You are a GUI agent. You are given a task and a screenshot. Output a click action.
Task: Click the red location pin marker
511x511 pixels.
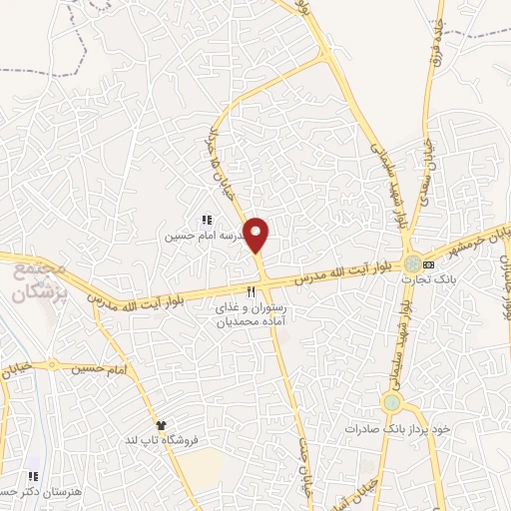(257, 235)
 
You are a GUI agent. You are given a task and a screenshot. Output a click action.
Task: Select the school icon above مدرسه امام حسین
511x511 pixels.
(208, 221)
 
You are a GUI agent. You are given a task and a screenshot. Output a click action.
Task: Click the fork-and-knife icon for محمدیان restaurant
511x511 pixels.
(252, 291)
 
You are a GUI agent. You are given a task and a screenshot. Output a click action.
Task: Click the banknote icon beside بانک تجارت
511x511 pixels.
(429, 264)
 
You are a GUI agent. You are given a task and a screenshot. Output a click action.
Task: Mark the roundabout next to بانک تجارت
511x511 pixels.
(411, 264)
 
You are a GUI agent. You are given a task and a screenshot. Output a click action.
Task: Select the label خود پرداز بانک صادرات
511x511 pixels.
(400, 427)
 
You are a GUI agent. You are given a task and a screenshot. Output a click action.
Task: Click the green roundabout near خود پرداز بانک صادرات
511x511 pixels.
(391, 404)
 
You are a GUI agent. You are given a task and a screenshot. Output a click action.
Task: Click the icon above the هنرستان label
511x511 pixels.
(34, 475)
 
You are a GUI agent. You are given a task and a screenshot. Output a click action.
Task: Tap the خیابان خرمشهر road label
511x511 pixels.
(484, 241)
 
